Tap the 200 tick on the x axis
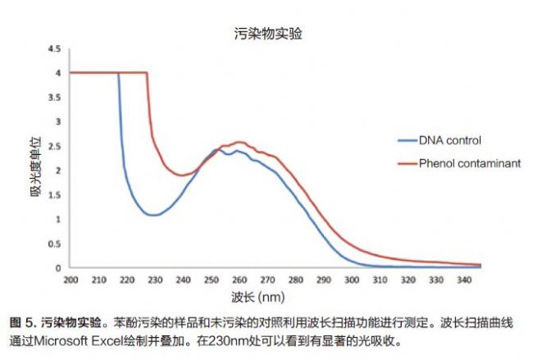[x=71, y=279]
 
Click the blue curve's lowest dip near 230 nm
[x=152, y=215]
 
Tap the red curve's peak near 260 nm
[x=239, y=142]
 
